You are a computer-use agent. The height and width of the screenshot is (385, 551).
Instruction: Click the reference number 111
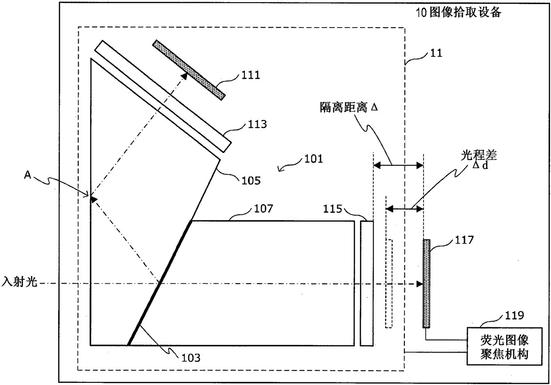[251, 75]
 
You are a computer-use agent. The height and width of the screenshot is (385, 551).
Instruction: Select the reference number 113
[257, 124]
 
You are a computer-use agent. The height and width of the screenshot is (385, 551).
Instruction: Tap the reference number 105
[251, 180]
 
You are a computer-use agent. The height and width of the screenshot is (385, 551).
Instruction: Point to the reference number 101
[314, 159]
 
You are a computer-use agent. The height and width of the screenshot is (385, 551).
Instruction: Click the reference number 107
[264, 209]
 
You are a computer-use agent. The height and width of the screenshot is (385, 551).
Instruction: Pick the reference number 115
[332, 209]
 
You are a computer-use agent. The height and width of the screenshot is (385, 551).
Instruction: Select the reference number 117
[464, 240]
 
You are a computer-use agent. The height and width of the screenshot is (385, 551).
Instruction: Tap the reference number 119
[515, 315]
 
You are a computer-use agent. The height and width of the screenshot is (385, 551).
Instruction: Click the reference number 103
[191, 358]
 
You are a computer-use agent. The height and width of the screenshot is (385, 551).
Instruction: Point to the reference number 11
[436, 53]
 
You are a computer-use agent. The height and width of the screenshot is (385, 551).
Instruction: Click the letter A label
[28, 175]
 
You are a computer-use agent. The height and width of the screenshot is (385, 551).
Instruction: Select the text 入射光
[19, 281]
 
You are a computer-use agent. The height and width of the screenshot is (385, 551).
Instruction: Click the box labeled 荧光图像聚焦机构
[504, 346]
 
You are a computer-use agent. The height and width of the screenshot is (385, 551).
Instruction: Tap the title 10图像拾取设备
[459, 12]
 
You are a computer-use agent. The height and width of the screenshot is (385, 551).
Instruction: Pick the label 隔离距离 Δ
[349, 107]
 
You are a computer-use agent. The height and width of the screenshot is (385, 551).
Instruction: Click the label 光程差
[479, 155]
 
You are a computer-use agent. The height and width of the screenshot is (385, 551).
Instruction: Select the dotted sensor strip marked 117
[427, 284]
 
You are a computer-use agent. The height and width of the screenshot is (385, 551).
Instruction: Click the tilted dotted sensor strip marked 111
[189, 70]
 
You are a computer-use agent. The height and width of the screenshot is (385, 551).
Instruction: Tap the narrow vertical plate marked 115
[367, 283]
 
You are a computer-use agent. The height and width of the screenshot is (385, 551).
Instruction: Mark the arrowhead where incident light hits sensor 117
[419, 284]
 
